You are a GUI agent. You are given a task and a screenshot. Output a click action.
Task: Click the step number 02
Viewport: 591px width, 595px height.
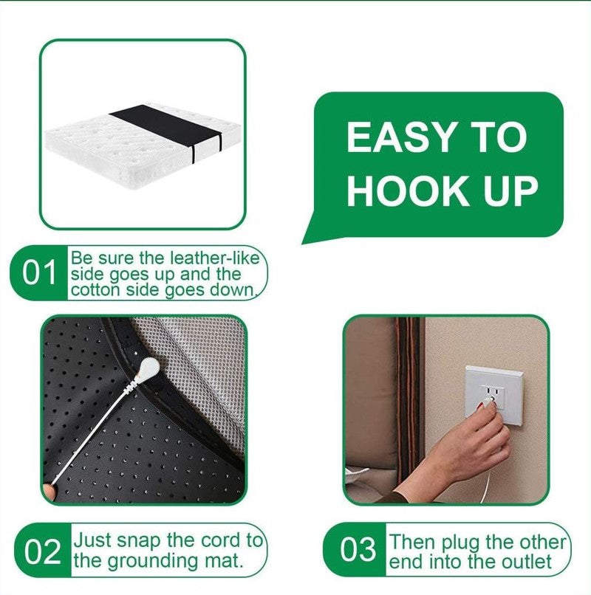pos(41,551)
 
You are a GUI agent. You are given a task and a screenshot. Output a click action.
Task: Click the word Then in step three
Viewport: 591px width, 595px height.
pos(412,543)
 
